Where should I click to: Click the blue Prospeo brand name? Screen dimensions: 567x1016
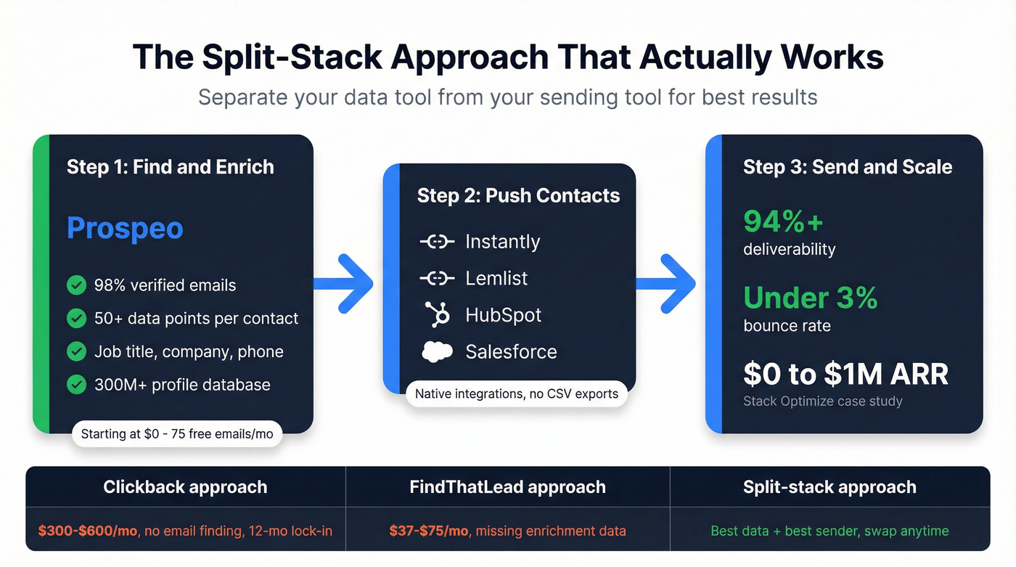pos(125,228)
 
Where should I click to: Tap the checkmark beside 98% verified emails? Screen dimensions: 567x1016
pos(76,285)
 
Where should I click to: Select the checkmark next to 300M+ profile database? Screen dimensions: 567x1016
pos(76,384)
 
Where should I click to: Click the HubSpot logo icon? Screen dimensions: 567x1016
pos(437,314)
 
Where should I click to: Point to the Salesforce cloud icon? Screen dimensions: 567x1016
pos(437,351)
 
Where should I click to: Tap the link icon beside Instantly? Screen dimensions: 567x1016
pos(437,242)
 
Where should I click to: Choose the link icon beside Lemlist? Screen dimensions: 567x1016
pos(437,278)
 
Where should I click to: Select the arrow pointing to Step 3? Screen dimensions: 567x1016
pos(668,284)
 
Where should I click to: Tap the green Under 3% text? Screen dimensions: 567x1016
pos(811,298)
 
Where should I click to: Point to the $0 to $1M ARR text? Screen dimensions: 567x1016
pos(845,374)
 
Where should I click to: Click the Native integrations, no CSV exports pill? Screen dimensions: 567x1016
pos(517,394)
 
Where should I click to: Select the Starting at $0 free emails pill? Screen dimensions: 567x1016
pos(177,434)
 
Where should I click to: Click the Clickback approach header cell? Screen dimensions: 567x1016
pos(185,487)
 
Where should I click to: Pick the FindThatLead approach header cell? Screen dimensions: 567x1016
pos(507,487)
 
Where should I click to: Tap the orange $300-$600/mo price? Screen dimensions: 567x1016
pos(87,531)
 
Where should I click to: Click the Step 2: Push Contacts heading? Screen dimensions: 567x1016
pos(518,195)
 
